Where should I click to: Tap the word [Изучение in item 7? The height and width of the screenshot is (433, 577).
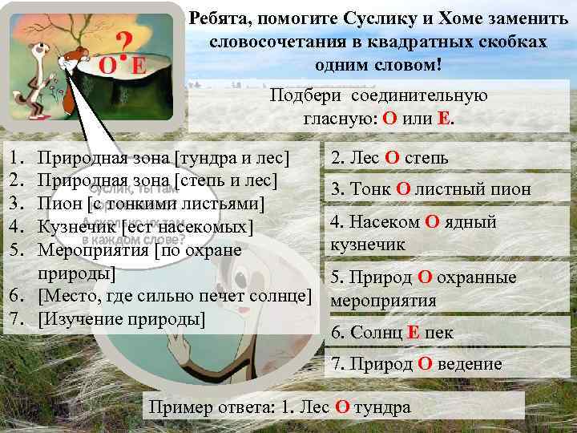click(x=76, y=319)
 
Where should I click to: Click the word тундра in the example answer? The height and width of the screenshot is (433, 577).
click(x=381, y=407)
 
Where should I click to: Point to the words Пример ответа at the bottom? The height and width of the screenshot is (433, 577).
click(x=200, y=407)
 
